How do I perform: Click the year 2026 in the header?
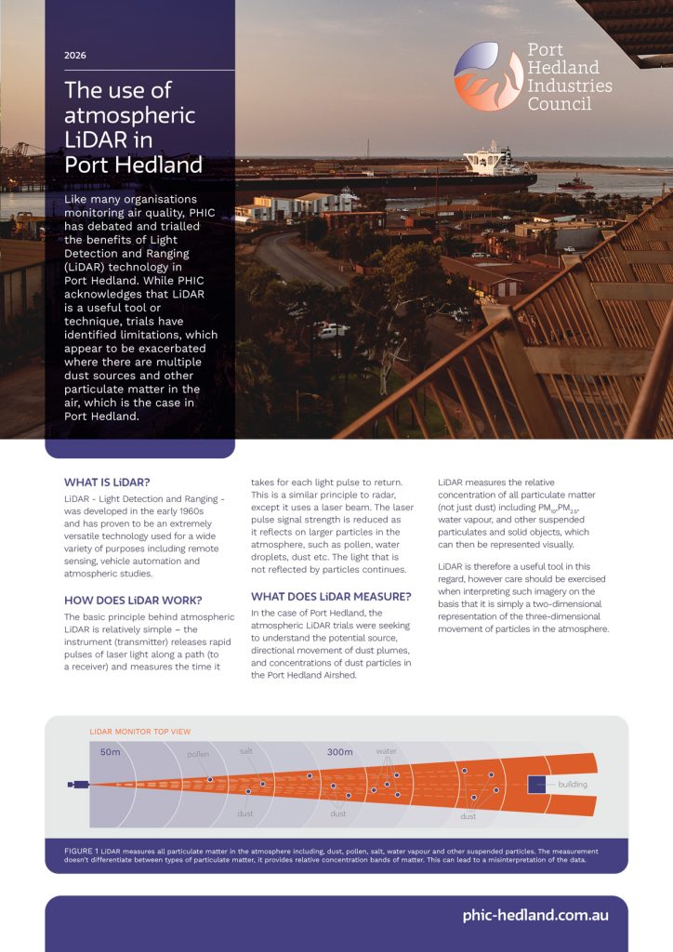pyautogui.click(x=75, y=56)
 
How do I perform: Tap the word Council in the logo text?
pyautogui.click(x=559, y=104)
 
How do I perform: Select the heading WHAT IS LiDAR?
pyautogui.click(x=107, y=482)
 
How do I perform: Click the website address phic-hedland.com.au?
pyautogui.click(x=535, y=915)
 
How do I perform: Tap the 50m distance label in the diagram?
pyautogui.click(x=111, y=751)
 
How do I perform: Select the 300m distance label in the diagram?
pyautogui.click(x=339, y=751)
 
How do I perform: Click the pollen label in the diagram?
pyautogui.click(x=198, y=755)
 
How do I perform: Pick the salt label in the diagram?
pyautogui.click(x=246, y=749)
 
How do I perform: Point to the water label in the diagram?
pyautogui.click(x=386, y=749)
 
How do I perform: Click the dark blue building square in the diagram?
pyautogui.click(x=536, y=784)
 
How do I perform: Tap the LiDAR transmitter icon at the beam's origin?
pyautogui.click(x=78, y=784)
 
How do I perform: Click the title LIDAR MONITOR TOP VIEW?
pyautogui.click(x=139, y=732)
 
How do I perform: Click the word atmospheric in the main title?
pyautogui.click(x=129, y=116)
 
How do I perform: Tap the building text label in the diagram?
pyautogui.click(x=573, y=784)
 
